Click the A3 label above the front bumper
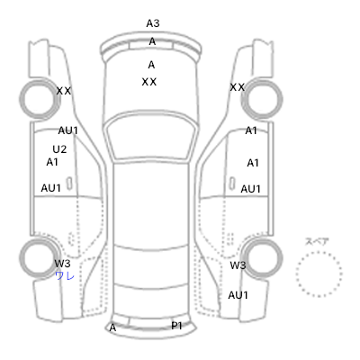point(153,23)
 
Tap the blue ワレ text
point(65,276)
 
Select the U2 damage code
point(59,149)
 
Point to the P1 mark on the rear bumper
point(176,326)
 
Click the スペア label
point(317,242)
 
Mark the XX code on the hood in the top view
point(149,82)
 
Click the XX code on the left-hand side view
point(64,91)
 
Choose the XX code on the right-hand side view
point(238,87)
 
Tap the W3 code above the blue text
point(62,264)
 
